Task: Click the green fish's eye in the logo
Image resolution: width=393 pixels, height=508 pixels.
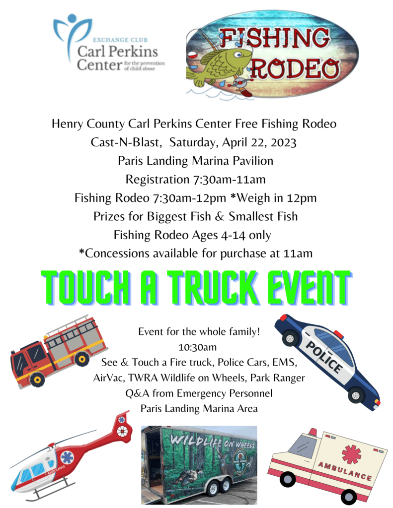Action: (x=239, y=54)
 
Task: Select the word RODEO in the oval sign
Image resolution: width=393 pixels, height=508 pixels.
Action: (x=294, y=68)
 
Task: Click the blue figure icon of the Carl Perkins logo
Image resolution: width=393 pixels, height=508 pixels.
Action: (x=72, y=36)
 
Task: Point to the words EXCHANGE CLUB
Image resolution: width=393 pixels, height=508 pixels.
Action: (x=120, y=40)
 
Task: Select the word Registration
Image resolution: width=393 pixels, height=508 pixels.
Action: (x=157, y=180)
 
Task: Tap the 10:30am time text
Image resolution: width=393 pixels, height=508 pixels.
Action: (x=197, y=347)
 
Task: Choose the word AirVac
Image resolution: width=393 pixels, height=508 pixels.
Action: (x=108, y=378)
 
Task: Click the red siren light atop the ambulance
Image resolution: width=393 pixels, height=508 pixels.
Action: (x=313, y=432)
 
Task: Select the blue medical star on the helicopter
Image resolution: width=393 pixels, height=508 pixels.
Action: (x=67, y=457)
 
